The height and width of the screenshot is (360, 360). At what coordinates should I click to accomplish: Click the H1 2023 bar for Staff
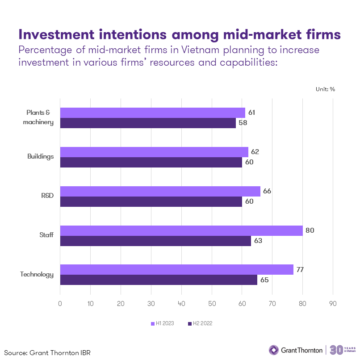pos(181,230)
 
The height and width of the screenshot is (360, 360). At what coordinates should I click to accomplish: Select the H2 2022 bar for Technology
pos(159,280)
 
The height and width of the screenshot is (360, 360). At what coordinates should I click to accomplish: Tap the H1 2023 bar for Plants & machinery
pos(153,113)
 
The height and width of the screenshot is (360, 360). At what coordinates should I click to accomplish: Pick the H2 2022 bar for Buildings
pos(151,162)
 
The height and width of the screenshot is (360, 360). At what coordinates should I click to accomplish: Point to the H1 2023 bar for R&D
pos(160,191)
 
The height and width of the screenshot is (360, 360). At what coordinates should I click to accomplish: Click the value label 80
pos(310,230)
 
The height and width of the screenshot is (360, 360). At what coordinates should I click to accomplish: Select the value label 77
pos(301,270)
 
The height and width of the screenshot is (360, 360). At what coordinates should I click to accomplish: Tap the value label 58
pos(243,123)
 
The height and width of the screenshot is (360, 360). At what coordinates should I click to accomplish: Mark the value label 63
pos(258,241)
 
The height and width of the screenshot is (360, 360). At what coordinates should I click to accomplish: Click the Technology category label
pos(37,275)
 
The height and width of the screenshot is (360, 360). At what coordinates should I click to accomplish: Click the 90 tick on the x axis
pos(333,304)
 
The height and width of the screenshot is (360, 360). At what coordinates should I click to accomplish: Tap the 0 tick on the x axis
pos(60,304)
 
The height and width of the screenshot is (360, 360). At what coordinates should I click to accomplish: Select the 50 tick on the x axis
pos(212,304)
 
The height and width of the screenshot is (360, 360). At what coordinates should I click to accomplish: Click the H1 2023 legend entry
pos(164,323)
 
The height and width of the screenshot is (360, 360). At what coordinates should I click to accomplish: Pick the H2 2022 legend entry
pos(201,323)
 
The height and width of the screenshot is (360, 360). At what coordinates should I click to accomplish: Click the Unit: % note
pos(325,89)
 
